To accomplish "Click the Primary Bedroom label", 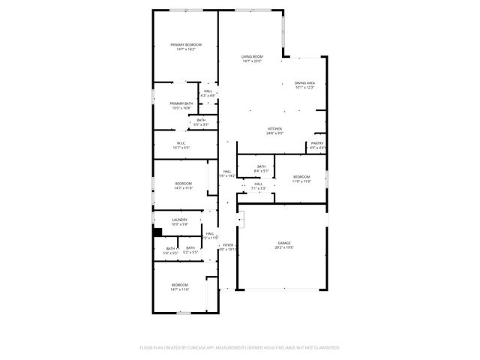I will tap(185, 46).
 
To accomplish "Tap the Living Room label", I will tap(251, 58).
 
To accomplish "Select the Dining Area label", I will tap(304, 85).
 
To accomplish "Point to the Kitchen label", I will tap(275, 131).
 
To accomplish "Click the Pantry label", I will tap(317, 145).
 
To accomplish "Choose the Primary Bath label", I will tap(181, 106).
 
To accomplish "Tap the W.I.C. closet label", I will tap(181, 145).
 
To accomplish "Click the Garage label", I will tap(284, 245).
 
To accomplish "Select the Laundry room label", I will tap(179, 221).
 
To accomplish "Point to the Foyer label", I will tap(227, 247).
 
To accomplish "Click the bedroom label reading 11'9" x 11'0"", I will tap(301, 178).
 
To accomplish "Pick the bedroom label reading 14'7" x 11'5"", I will tap(184, 185).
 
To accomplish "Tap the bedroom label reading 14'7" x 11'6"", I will tap(180, 286).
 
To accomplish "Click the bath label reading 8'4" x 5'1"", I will tap(261, 169).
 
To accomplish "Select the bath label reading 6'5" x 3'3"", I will tap(201, 121).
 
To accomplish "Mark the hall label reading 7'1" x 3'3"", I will tap(258, 186).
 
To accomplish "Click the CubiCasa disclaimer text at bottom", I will tap(240, 347).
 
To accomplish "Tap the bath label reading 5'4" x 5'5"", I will tap(171, 250).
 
